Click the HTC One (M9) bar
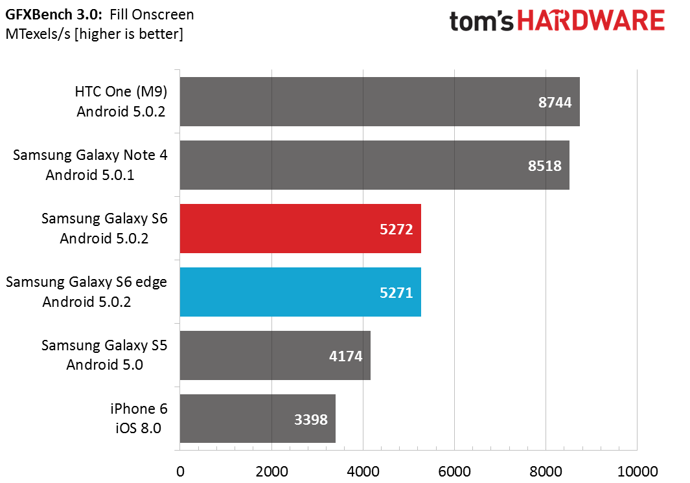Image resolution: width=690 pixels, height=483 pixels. pos(380,102)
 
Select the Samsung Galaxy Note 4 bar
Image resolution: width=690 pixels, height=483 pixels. pos(374,165)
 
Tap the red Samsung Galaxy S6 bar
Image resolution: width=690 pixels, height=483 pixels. pos(301,229)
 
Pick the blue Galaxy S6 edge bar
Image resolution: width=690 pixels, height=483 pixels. pos(301,291)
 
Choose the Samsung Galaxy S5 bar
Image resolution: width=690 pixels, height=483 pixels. pos(275,355)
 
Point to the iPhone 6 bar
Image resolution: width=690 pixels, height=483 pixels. pos(257,418)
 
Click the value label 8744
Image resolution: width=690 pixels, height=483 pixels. pos(555,102)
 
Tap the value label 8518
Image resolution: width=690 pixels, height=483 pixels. pos(545,166)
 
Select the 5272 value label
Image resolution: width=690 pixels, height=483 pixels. pos(397,229)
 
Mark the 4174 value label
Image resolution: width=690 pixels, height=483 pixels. pos(346,356)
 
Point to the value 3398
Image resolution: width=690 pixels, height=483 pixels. pos(311,419)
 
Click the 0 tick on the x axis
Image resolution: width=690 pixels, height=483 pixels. pos(180,471)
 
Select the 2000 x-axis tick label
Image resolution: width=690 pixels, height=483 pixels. pos(272,471)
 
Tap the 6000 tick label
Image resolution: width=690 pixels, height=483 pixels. pos(455,471)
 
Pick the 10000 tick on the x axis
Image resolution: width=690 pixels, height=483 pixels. pos(638,471)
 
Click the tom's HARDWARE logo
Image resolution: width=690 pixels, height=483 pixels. pos(557,21)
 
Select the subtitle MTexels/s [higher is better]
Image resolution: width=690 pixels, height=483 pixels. pos(94,34)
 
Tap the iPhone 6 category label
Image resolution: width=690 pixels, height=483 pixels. pos(139,418)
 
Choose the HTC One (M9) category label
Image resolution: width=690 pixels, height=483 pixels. pos(121,101)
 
